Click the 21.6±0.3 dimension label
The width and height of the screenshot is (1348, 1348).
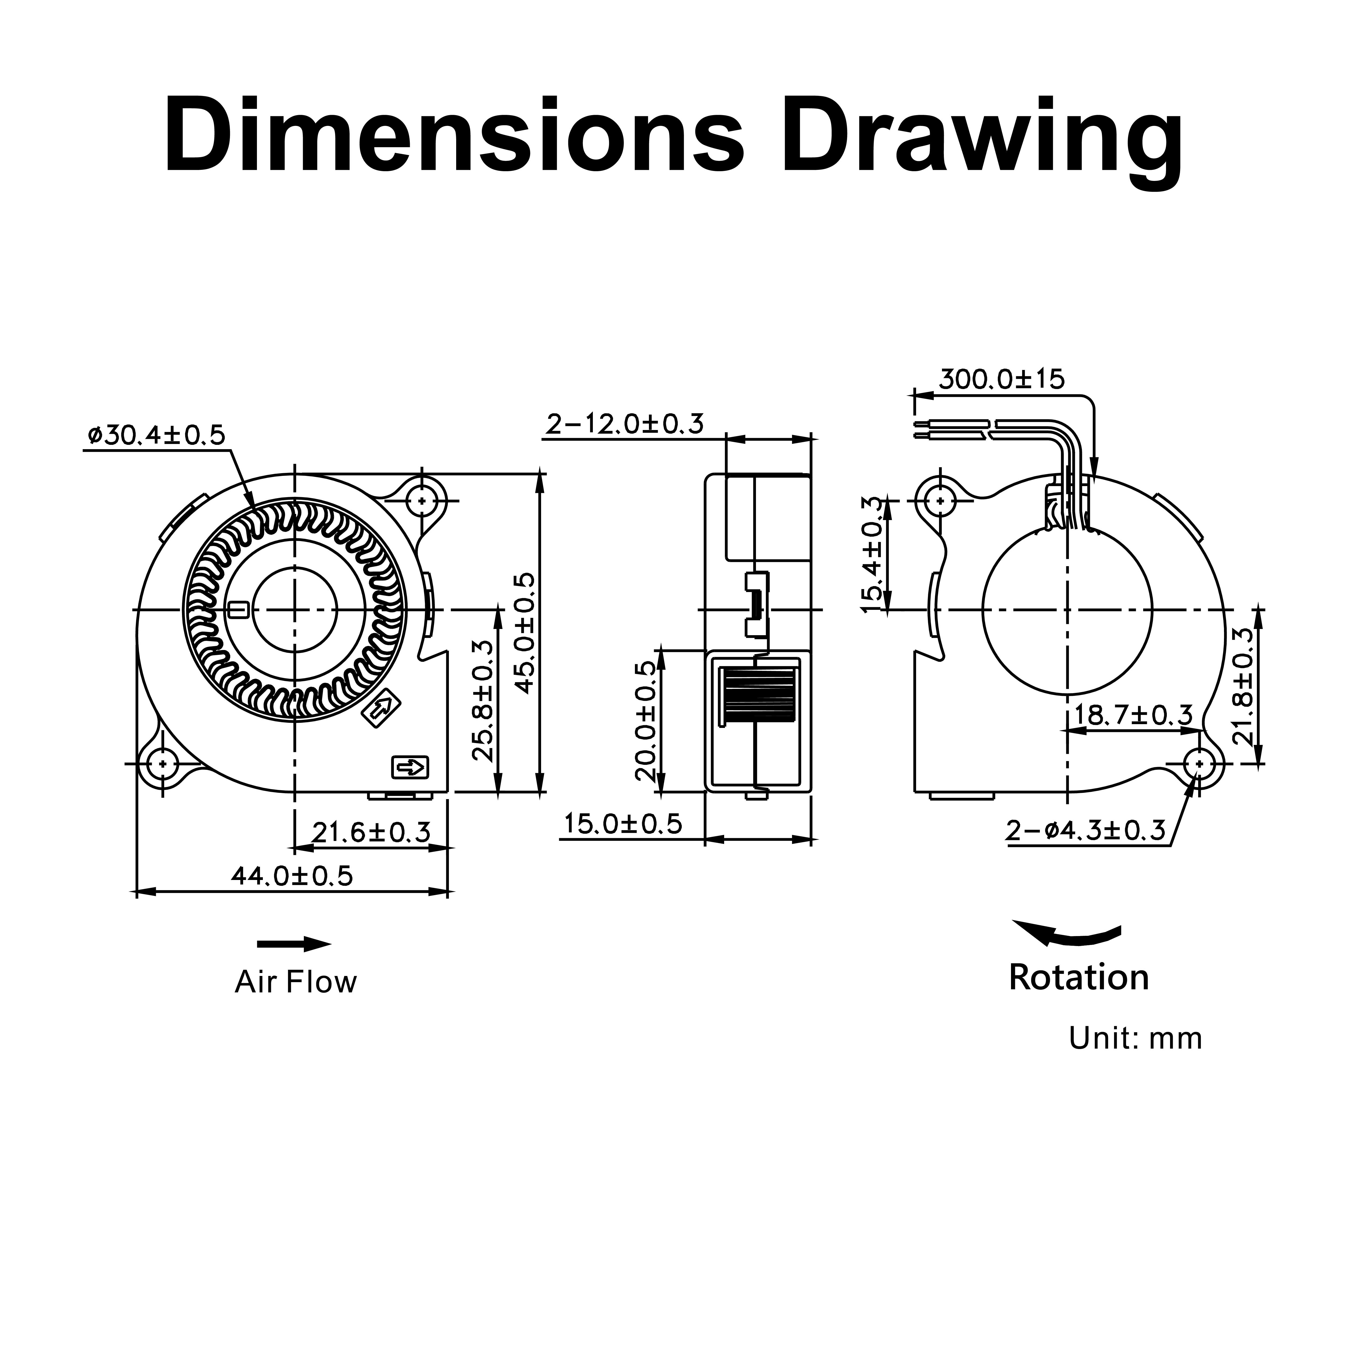(371, 832)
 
